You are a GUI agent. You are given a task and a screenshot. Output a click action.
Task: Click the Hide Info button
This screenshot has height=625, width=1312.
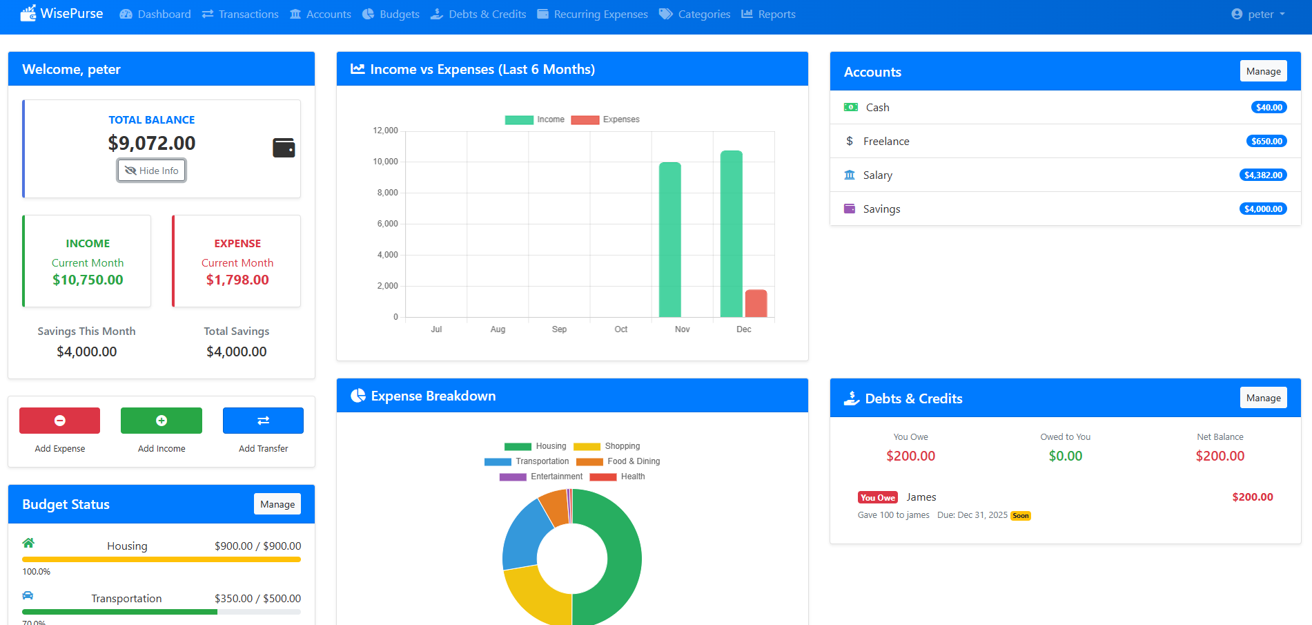click(151, 171)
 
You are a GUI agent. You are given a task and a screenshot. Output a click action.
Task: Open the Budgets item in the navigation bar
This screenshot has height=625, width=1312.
click(391, 14)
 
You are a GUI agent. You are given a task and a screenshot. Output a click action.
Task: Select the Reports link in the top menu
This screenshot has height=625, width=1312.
click(768, 14)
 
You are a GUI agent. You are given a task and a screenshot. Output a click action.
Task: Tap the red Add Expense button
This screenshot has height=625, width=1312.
click(59, 421)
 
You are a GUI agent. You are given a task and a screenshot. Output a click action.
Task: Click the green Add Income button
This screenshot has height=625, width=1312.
click(161, 421)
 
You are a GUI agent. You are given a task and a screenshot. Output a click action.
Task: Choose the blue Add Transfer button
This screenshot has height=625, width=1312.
click(263, 421)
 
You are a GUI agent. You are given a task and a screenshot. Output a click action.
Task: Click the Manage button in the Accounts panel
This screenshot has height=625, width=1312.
click(1263, 71)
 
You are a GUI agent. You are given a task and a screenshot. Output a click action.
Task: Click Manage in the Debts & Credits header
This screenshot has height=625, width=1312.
click(1263, 398)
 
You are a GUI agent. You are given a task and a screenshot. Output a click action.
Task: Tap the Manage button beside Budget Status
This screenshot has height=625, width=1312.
click(277, 504)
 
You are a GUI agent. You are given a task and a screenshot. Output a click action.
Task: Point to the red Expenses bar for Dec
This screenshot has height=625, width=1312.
click(756, 303)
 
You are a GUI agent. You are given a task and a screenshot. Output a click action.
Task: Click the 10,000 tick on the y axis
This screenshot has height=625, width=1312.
click(385, 162)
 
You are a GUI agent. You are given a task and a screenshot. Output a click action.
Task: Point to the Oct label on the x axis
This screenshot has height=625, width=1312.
click(620, 329)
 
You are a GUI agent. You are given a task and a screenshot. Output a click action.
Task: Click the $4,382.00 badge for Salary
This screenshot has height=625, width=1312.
click(1263, 175)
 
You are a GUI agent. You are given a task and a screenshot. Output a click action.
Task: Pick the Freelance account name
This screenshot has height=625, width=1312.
click(886, 142)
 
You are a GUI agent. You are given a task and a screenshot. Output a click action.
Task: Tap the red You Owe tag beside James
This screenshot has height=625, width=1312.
click(877, 497)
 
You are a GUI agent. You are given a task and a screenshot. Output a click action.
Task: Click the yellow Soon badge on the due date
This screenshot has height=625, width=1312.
click(1020, 516)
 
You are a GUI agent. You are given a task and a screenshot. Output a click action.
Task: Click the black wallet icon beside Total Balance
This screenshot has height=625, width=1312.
click(284, 148)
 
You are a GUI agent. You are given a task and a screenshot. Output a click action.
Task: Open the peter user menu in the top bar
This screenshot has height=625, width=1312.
click(1258, 14)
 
